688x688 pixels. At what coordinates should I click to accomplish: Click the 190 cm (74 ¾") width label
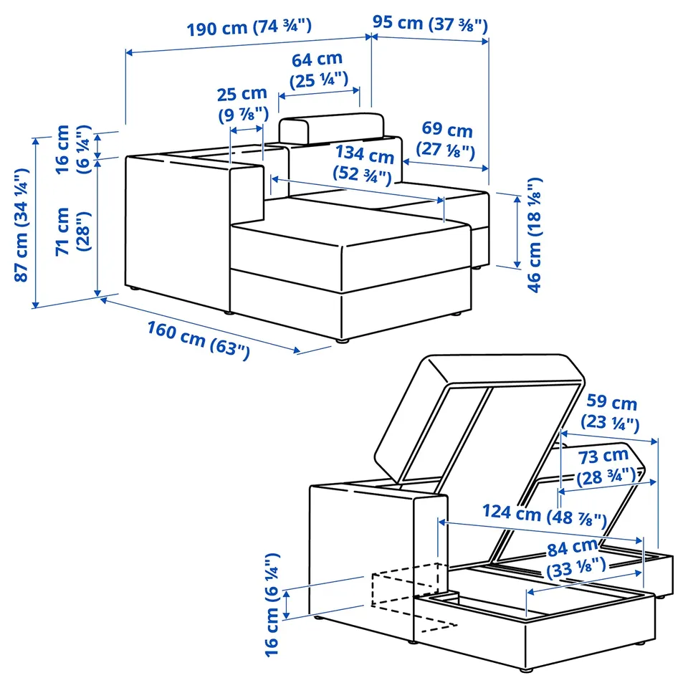pos(249,27)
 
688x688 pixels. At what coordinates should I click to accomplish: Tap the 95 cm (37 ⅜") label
pos(430,24)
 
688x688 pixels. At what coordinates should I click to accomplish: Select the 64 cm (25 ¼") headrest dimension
pos(318,70)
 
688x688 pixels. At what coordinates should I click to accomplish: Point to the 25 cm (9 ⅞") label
pos(243,105)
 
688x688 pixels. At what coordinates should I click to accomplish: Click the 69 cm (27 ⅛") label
pos(446,140)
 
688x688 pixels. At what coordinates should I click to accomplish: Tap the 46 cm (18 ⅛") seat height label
pos(534,235)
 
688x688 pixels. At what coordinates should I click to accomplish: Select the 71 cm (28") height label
pos(73,231)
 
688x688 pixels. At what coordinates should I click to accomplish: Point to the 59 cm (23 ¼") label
pos(611,412)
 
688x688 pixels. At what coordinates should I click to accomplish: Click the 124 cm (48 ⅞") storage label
pos(545,515)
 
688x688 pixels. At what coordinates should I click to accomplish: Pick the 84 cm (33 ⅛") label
pos(575,558)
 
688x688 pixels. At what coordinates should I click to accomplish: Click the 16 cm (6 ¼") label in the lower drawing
pos(272,605)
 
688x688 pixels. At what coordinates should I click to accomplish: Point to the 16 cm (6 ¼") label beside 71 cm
pos(73,149)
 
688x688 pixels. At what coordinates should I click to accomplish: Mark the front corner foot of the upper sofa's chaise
pos(343,340)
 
